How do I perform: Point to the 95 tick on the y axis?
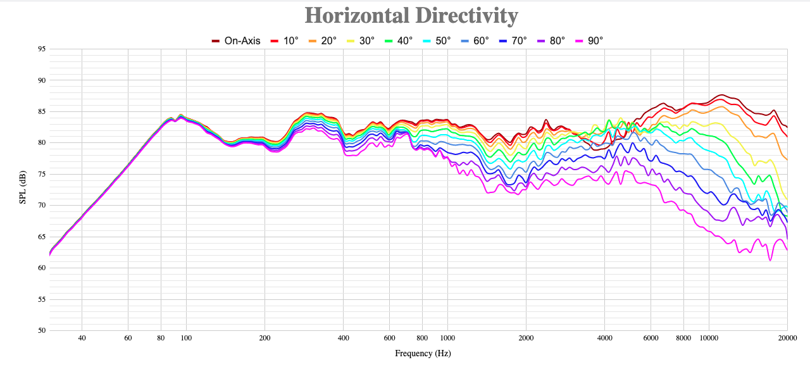tap(41, 49)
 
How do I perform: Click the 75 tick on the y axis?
tap(41, 174)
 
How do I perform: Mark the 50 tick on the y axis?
tap(41, 330)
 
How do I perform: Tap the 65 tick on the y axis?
tap(41, 237)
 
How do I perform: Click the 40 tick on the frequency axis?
tap(82, 338)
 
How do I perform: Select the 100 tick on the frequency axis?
tap(186, 338)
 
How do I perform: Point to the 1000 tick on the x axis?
tap(447, 338)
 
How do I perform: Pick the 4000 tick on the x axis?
tap(604, 338)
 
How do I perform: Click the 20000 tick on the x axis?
tap(787, 338)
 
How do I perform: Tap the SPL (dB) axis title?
tap(23, 188)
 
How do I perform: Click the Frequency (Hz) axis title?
tap(423, 354)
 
